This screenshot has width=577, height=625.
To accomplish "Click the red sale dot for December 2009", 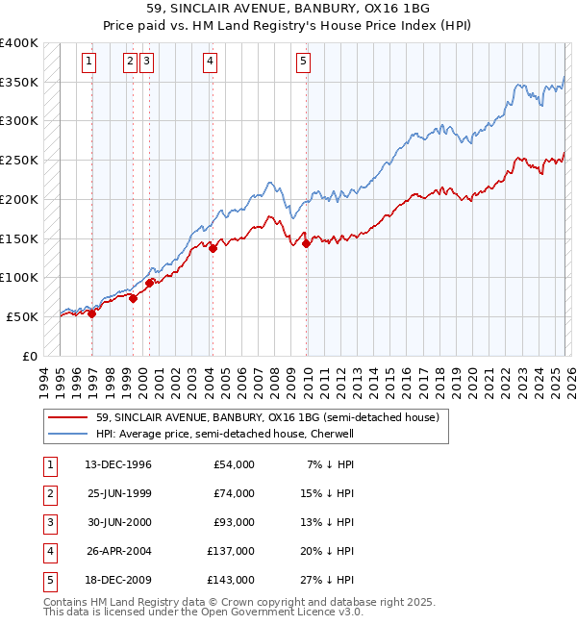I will point(307,244).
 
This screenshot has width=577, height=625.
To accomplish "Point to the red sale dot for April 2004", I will point(213,249).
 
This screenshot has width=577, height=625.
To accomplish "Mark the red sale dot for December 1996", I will point(92,313).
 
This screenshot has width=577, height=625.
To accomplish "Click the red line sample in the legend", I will point(67,418).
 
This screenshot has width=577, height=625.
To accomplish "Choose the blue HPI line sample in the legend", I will point(67,434).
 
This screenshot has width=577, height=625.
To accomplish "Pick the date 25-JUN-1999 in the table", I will point(118,494).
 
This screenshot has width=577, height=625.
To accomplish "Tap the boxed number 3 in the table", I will point(48,523).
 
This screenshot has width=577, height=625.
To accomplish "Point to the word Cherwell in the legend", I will point(332,434).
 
